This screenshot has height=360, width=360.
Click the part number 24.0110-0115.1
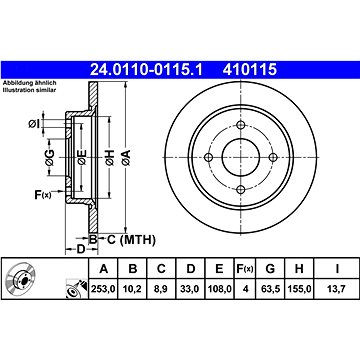146,70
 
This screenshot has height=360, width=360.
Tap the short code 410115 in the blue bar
250,70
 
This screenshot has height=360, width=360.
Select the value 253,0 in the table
103,288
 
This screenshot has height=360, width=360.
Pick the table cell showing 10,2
133,288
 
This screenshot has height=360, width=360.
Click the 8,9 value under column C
161,288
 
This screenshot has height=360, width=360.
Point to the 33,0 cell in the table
190,288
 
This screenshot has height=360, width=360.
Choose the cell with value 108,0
219,288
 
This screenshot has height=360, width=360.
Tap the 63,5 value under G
270,288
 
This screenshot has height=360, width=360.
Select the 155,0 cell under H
299,288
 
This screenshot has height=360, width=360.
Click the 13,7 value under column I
337,288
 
